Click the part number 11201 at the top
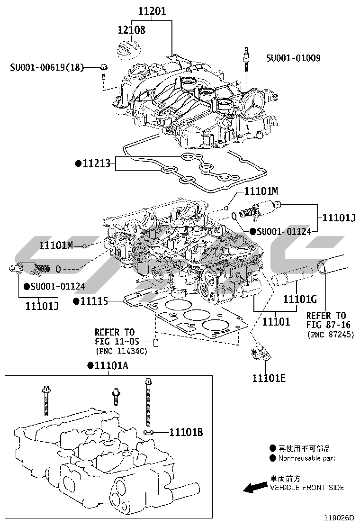tap(152, 10)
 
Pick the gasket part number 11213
tap(96, 164)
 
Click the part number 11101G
tap(299, 299)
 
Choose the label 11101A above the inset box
tap(111, 365)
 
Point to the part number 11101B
tap(186, 432)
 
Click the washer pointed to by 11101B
tap(149, 432)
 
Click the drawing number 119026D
tap(340, 518)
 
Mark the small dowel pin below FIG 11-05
tap(155, 343)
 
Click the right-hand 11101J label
tap(339, 218)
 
